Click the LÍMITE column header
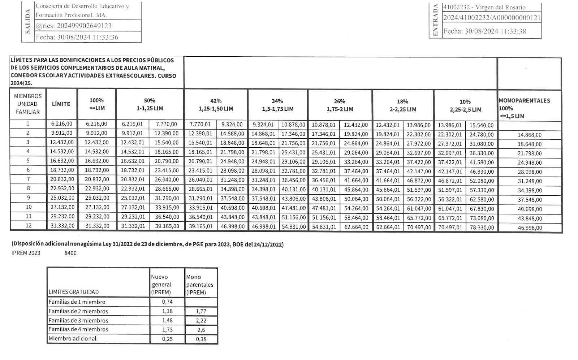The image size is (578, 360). [x=61, y=104]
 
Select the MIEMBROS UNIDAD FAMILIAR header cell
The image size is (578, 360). [x=28, y=104]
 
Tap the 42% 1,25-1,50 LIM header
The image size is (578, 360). [x=216, y=105]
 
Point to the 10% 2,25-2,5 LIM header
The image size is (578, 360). [x=465, y=105]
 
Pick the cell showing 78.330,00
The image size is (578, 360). [x=482, y=227]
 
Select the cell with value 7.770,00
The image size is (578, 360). [x=167, y=124]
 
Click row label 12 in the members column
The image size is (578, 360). [x=29, y=226]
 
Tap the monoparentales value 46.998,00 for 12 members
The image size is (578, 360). [x=530, y=228]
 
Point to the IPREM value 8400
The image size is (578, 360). [x=70, y=253]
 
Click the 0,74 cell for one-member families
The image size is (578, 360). [x=167, y=302]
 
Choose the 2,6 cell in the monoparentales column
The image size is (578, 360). [x=201, y=330]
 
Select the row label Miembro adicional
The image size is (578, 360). [x=73, y=339]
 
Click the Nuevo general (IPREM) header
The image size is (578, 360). [x=161, y=285]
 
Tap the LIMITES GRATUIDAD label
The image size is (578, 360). [x=74, y=292]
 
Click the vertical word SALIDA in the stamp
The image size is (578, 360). [x=28, y=23]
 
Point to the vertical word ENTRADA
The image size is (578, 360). [x=435, y=21]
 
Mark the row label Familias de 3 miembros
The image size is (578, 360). [x=78, y=321]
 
